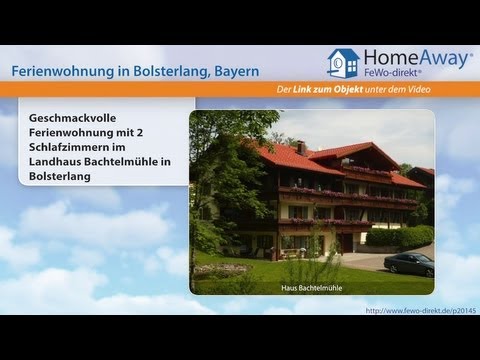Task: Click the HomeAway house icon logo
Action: click(342, 63)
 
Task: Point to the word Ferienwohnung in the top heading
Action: click(59, 72)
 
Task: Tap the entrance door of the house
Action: click(345, 242)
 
